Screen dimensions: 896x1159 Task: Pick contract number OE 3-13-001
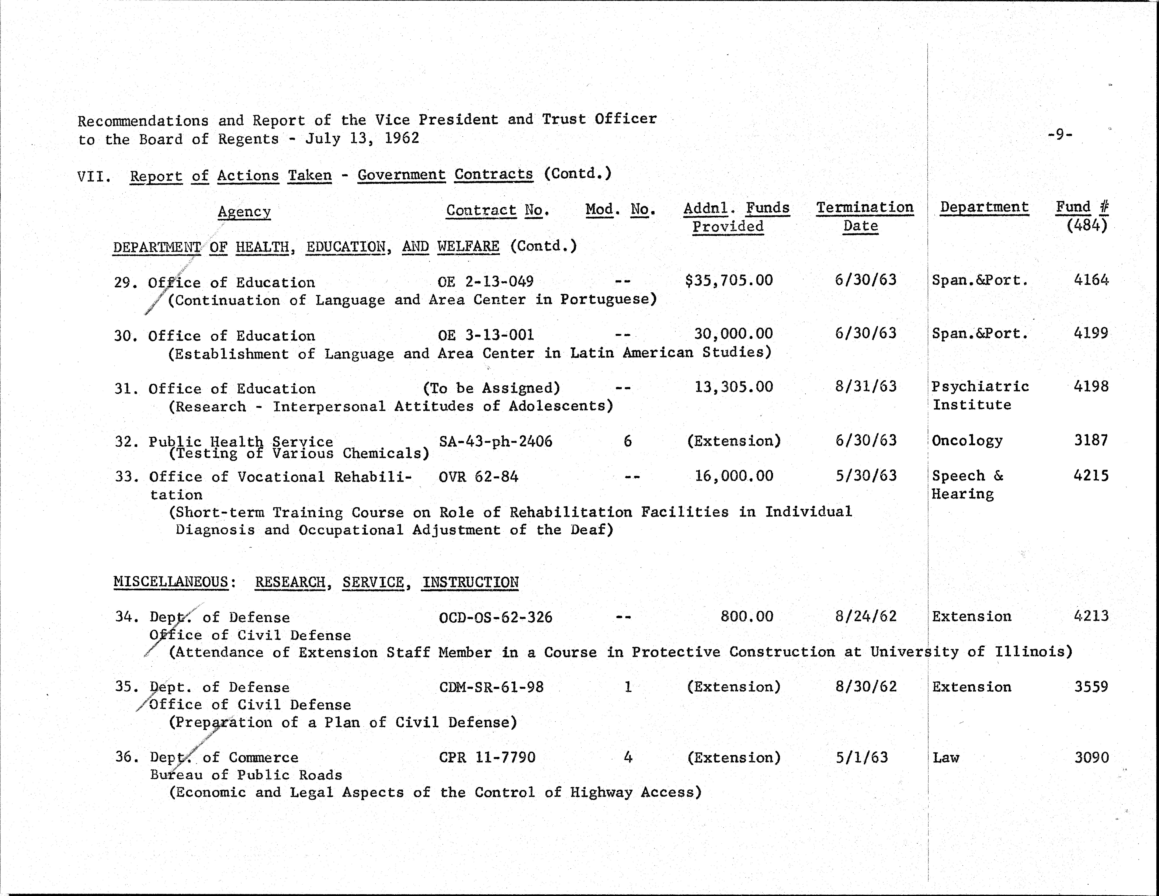pos(486,335)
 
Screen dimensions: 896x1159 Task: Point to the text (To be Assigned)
pos(491,388)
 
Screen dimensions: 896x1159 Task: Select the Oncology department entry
pos(967,440)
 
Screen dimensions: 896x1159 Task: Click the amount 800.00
pos(747,616)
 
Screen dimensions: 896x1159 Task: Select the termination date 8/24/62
pos(866,616)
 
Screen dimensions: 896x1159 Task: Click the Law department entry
pos(946,757)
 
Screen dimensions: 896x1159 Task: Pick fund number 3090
pos(1091,757)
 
